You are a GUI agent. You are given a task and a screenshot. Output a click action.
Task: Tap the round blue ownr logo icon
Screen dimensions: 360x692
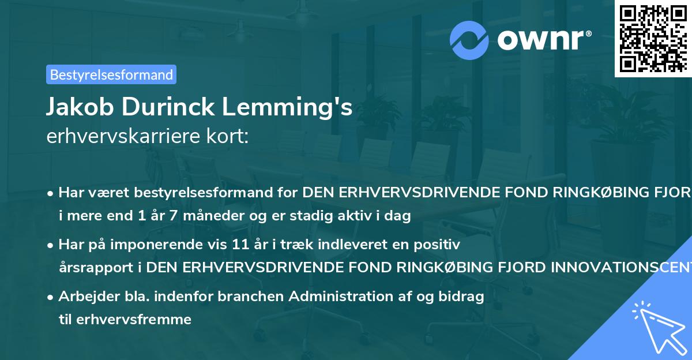pos(469,40)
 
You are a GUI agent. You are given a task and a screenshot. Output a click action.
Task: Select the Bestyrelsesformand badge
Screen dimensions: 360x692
pos(111,74)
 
